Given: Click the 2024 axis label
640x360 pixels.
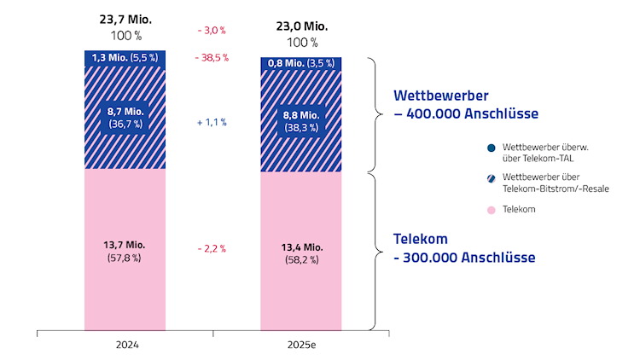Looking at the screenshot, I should coord(125,345).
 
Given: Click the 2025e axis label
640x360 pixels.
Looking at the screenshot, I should coord(300,345).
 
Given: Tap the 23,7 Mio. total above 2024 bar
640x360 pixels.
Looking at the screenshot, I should coord(126,20).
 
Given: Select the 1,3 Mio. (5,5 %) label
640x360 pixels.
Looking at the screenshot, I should coord(125,59).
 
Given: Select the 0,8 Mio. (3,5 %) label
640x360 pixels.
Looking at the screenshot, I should coord(301,63).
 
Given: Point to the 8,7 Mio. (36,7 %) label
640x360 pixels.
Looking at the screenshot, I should coord(125,117).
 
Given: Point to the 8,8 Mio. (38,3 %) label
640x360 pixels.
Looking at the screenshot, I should coord(301,120).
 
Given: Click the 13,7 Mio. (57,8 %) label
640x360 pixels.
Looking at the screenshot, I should coord(125,251).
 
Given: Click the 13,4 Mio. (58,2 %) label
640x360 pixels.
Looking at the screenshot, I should coord(301,253).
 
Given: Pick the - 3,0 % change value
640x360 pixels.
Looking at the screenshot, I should coord(212,30).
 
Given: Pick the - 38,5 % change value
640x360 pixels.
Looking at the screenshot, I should coord(212,59).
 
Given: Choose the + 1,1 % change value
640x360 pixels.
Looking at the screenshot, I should coord(212,122).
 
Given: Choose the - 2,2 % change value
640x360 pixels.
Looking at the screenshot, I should coord(212,249).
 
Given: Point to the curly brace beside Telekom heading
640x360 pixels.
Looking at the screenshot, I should coord(371,251).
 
